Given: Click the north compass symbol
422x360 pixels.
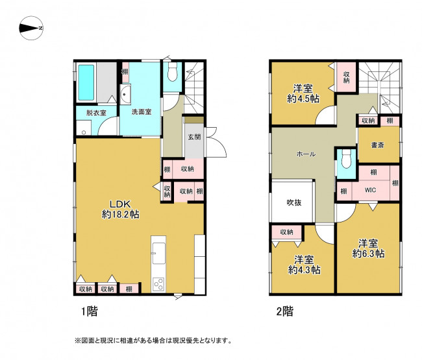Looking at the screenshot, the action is (31, 28).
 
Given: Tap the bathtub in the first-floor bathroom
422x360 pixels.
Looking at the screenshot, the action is (86, 82).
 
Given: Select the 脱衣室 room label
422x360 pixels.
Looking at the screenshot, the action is (96, 113).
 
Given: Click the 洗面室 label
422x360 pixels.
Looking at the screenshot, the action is (142, 112).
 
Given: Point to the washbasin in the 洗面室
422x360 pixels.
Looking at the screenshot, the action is (125, 94).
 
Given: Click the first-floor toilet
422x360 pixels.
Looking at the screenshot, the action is (172, 72).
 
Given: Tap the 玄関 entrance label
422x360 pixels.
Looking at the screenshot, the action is (194, 137).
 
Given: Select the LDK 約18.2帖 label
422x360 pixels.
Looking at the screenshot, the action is (121, 209).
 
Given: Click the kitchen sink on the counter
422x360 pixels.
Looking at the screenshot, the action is (159, 253).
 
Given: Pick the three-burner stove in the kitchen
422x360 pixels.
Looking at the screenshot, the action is (158, 285).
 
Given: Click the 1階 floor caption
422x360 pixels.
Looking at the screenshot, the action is (90, 311).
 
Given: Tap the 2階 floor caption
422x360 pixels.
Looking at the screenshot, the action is (285, 311).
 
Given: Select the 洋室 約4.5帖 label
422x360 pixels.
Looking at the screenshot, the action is (303, 93).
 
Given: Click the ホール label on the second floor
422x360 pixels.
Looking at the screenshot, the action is (306, 154).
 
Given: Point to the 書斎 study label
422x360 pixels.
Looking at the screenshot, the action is (377, 145).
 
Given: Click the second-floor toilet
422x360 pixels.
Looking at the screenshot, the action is (346, 159).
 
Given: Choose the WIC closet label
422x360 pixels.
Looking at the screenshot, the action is (370, 190).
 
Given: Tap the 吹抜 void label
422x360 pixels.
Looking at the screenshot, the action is (294, 202).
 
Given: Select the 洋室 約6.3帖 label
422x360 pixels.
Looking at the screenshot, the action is (368, 248).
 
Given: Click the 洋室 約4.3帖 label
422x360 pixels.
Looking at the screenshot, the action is (304, 265).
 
